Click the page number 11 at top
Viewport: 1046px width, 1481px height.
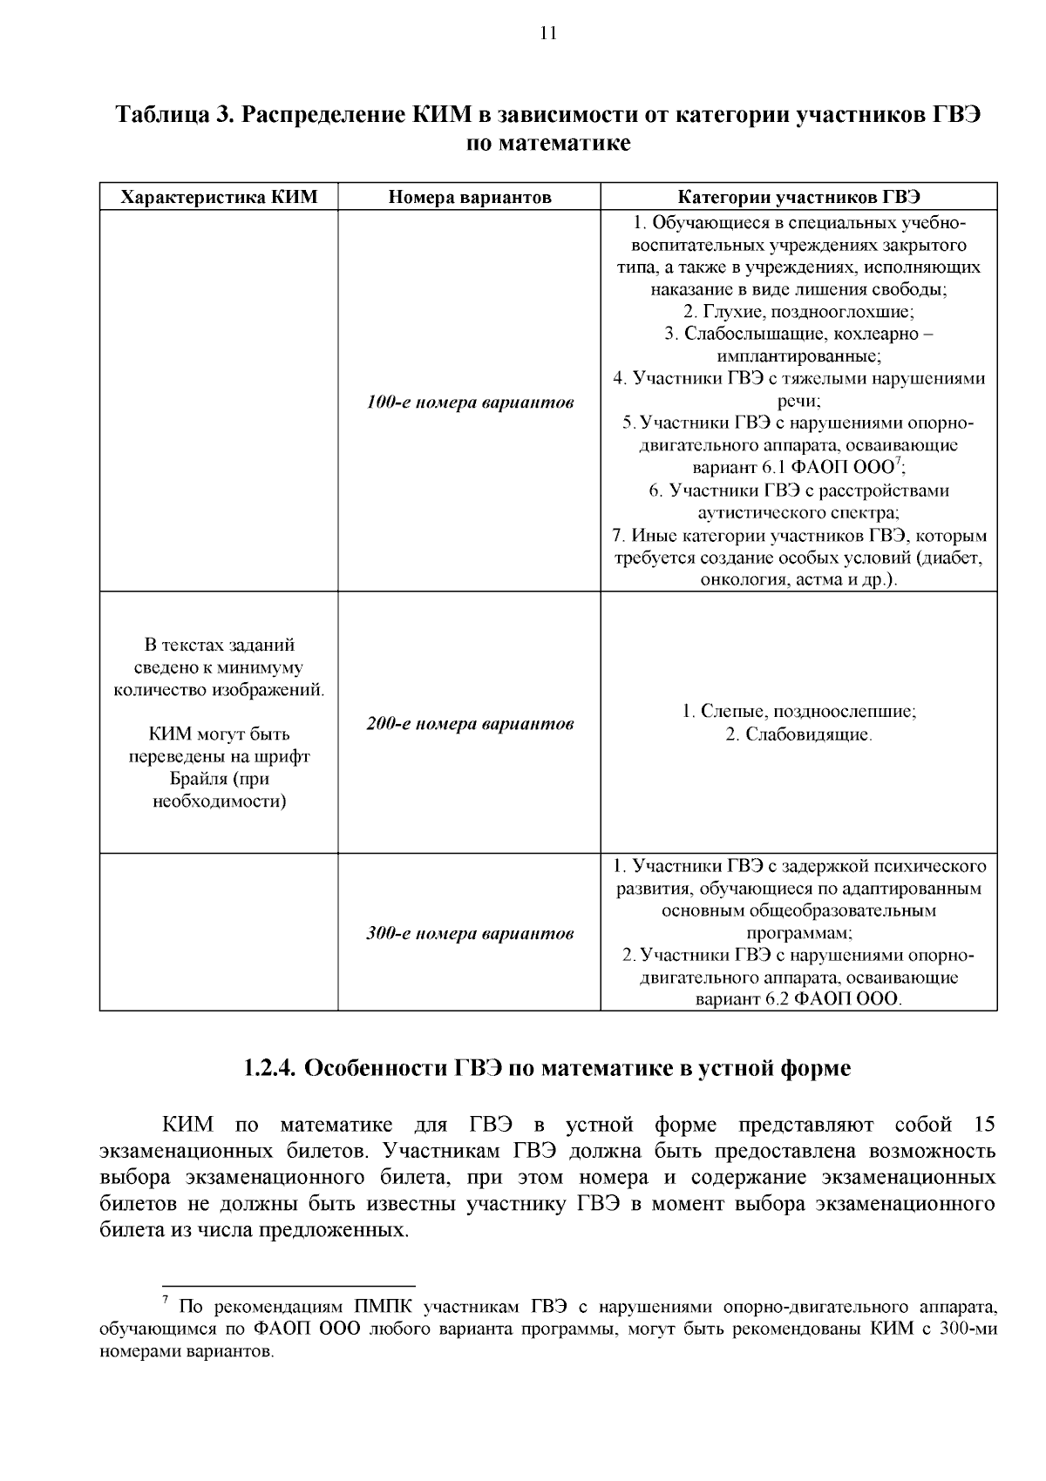pyautogui.click(x=547, y=35)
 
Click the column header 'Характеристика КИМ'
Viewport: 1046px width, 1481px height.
pyautogui.click(x=218, y=197)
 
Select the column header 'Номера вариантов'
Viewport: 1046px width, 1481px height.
pyautogui.click(x=469, y=197)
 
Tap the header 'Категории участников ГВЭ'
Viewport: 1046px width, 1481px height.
pyautogui.click(x=798, y=197)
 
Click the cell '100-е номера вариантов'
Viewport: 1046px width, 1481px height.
pyautogui.click(x=469, y=402)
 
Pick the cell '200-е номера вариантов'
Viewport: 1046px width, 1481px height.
pyautogui.click(x=469, y=724)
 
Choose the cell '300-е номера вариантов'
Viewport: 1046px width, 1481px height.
pyautogui.click(x=469, y=934)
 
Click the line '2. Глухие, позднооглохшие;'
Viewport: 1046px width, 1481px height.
pyautogui.click(x=798, y=311)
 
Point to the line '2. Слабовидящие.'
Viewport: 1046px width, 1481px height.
pyautogui.click(x=798, y=734)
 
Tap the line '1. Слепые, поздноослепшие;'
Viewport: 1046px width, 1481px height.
pyautogui.click(x=798, y=712)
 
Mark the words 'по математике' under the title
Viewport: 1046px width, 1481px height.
pyautogui.click(x=547, y=143)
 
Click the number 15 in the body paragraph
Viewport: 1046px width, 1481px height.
pyautogui.click(x=983, y=1125)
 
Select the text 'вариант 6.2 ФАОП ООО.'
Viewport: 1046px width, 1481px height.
pyautogui.click(x=798, y=1000)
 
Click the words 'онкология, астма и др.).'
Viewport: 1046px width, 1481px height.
pyautogui.click(x=798, y=580)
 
